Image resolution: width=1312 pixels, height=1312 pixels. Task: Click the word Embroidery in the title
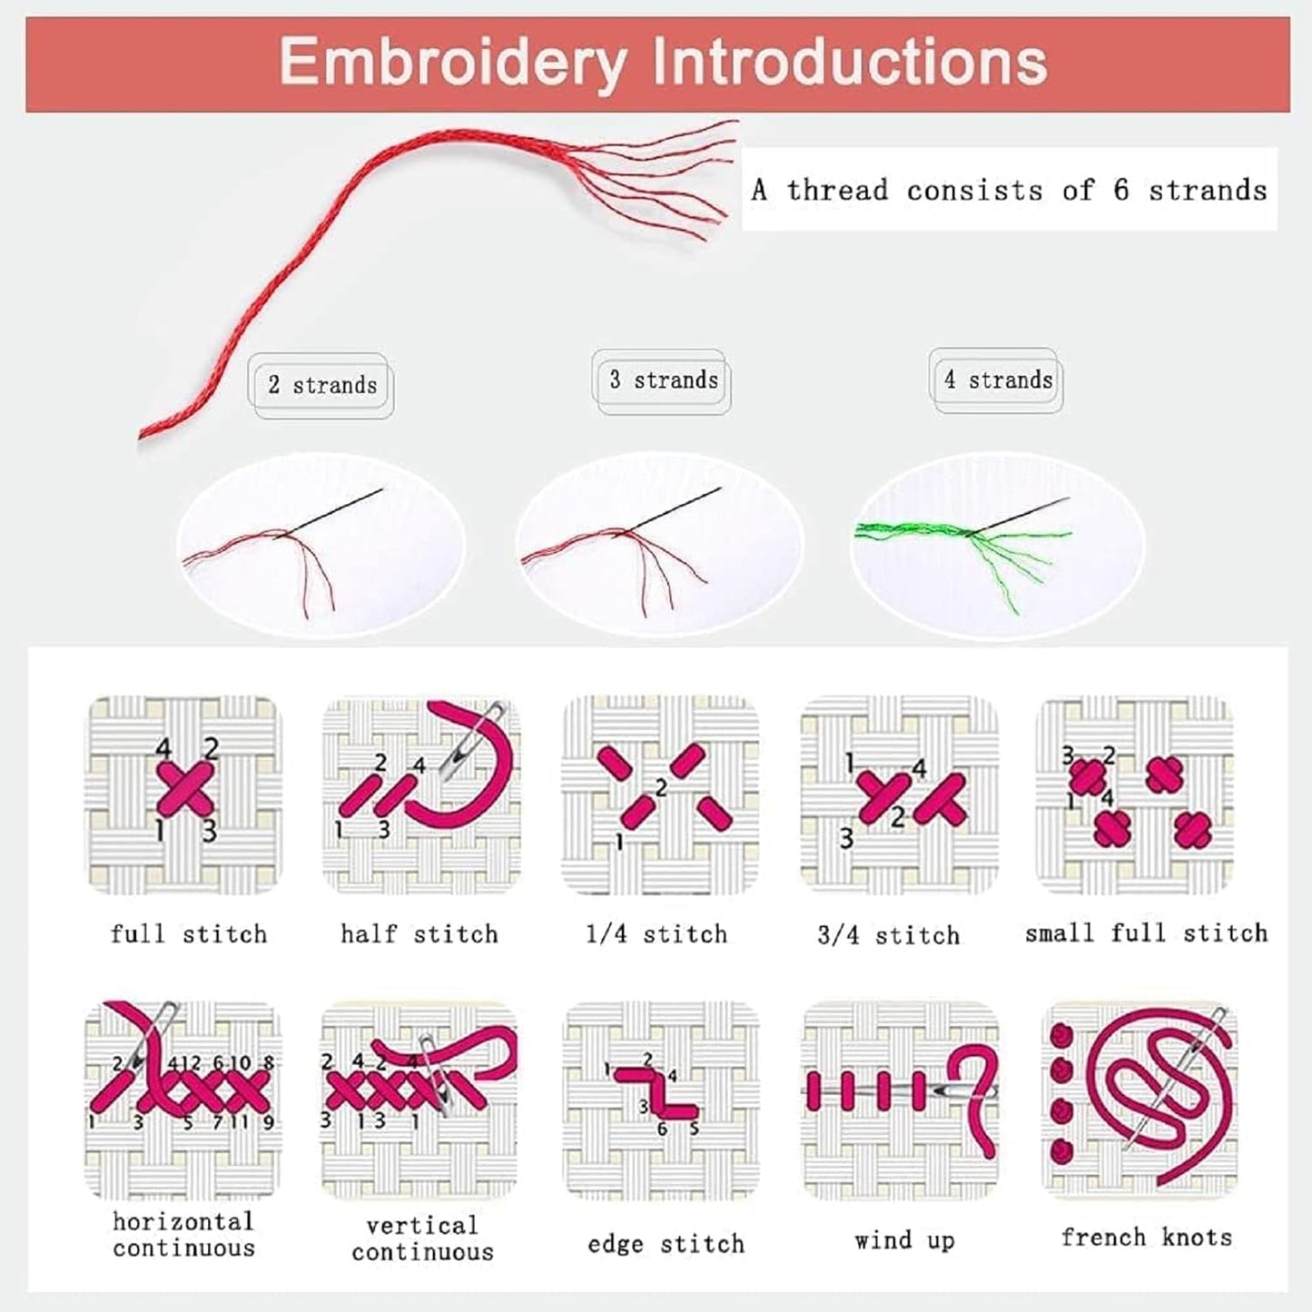453,64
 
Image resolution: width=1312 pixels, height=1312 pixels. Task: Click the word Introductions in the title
850,62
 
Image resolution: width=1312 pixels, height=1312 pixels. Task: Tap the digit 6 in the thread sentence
1121,190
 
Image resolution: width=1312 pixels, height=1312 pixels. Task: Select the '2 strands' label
322,385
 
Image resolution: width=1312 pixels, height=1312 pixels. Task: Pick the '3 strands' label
664,380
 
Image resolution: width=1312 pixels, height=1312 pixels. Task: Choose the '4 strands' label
998,380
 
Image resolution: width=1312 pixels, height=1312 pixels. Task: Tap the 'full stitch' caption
189,934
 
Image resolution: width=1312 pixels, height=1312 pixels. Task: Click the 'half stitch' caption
419,934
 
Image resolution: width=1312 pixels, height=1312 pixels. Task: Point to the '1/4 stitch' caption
657,934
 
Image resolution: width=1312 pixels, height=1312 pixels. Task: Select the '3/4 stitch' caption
889,935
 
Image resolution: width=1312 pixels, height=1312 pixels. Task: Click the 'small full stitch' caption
1147,932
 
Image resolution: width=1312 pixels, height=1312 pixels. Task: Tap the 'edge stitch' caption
666,1244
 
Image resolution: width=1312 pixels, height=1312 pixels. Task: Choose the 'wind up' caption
905,1240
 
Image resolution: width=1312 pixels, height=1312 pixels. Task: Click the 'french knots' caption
1147,1237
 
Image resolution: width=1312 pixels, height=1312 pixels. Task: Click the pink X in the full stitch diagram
186,788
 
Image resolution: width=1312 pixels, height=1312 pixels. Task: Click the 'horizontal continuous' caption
183,1235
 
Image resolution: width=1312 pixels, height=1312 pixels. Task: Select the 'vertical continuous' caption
423,1238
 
